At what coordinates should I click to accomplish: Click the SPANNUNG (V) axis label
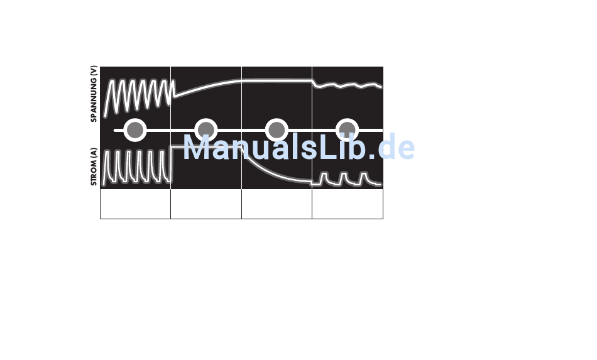point(94,94)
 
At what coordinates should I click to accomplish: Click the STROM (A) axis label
point(94,166)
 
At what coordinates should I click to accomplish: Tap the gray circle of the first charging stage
point(134,130)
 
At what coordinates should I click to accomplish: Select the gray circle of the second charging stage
point(205,130)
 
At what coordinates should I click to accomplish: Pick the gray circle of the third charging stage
point(277,130)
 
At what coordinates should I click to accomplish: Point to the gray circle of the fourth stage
point(347,130)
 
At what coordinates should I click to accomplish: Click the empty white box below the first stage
point(135,204)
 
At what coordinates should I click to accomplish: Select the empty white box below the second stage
point(206,204)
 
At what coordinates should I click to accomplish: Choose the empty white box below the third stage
point(277,204)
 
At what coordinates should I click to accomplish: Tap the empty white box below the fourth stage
point(348,204)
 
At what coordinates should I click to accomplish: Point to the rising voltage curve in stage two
point(201,87)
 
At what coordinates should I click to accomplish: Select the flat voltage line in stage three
point(277,80)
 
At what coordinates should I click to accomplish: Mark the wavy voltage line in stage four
point(348,85)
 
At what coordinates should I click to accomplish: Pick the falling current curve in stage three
point(270,170)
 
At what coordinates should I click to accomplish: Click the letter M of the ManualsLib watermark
point(197,148)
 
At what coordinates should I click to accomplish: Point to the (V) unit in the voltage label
point(94,71)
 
